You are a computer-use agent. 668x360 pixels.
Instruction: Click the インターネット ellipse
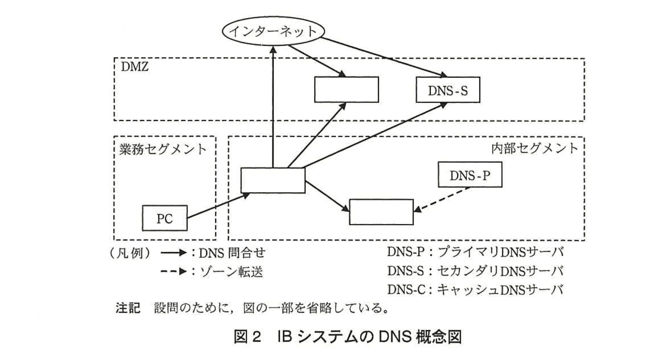tap(273, 31)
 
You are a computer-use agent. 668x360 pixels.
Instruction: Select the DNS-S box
tap(448, 90)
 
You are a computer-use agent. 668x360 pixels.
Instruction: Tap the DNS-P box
tap(470, 175)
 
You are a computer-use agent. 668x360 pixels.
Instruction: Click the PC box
tap(165, 218)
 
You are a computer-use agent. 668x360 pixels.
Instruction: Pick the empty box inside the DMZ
tap(346, 90)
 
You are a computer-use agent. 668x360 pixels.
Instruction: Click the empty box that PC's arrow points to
tap(273, 180)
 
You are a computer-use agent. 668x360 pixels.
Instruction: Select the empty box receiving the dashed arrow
tap(381, 212)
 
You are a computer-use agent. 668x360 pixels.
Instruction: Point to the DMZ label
tap(135, 67)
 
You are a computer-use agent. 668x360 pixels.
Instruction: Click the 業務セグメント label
tap(163, 149)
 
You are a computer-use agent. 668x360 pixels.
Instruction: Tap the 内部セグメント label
tap(534, 148)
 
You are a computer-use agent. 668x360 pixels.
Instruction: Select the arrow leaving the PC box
tap(218, 207)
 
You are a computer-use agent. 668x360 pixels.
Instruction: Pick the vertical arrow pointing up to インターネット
tap(273, 106)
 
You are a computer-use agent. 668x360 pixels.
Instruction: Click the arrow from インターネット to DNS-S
tap(384, 57)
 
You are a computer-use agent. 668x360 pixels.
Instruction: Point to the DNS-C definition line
tap(475, 290)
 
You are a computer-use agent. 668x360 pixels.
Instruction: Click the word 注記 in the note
tap(128, 308)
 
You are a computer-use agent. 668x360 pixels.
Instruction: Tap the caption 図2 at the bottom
tap(247, 337)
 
